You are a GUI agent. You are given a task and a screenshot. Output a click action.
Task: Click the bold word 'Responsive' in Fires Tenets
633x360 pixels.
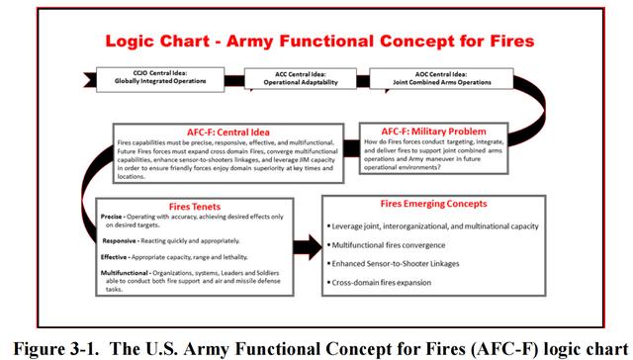point(120,239)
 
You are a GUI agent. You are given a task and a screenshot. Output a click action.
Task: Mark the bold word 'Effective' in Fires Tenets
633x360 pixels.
point(117,256)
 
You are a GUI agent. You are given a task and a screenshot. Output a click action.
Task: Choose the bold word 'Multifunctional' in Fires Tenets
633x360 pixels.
point(128,273)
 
